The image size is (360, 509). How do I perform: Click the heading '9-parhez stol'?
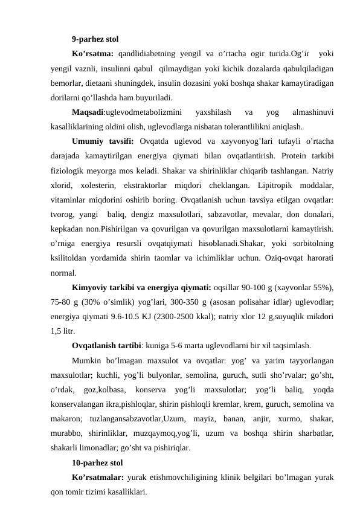(x=94, y=40)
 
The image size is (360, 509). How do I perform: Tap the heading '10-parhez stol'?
(x=97, y=463)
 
